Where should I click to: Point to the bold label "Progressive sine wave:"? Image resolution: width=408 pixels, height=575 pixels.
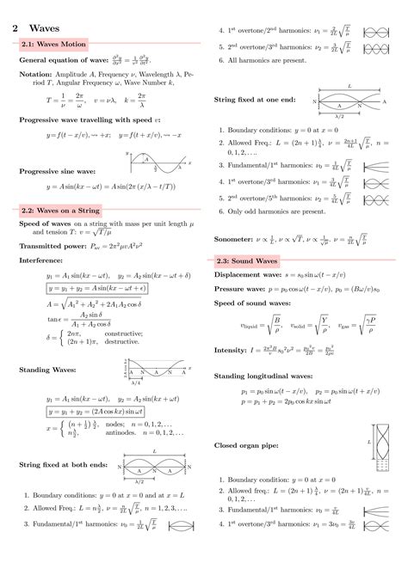point(57,171)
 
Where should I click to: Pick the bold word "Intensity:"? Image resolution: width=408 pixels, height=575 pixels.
point(231,350)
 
